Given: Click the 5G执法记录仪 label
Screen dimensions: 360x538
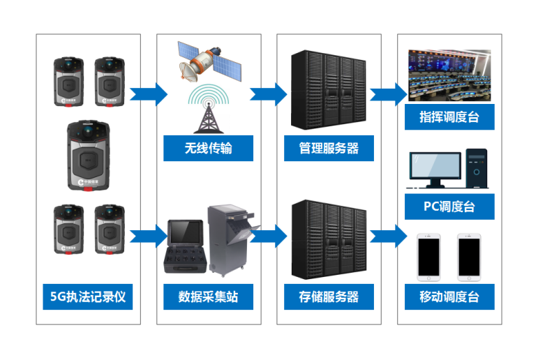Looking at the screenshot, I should (88, 297).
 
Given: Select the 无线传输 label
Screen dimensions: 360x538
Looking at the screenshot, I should (208, 148).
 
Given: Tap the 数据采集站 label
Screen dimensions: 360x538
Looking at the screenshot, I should (208, 297).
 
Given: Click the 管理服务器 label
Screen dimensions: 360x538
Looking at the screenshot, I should (329, 148).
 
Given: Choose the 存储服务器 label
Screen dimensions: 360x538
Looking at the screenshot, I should (329, 297).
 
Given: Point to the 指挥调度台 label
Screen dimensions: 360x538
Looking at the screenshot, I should (449, 117).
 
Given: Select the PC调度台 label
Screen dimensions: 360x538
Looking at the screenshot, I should (449, 207).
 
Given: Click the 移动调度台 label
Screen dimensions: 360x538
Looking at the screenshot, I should (449, 297).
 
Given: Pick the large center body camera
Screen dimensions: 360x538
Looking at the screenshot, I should (89, 155).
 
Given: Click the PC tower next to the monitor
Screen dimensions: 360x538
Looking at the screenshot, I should (477, 168).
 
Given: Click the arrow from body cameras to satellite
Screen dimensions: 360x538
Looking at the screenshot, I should (148, 92).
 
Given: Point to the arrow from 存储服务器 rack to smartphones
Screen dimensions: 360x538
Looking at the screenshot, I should (387, 235).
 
